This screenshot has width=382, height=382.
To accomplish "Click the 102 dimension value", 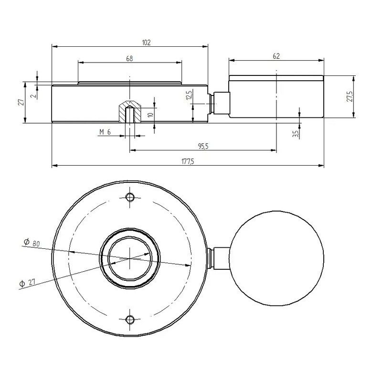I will pos(146,42).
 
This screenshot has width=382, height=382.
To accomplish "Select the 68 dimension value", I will pos(129,58).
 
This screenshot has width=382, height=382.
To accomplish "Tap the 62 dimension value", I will pos(276,56).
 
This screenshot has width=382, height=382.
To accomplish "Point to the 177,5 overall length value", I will pos(187,162).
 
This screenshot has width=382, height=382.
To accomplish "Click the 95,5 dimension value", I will pos(202,147).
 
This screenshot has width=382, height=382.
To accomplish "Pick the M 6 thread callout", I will pos(105,132).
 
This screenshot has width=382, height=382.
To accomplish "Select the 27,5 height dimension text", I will pos(350,96).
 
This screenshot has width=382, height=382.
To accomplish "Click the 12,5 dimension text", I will pos(189,95).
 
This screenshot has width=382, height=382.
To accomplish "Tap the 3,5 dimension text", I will pos(296,134).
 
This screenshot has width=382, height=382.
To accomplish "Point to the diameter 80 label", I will pos(32,244).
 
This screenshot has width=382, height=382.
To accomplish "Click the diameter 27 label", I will pos(28,283).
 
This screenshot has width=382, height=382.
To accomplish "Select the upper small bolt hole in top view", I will pos(129,197).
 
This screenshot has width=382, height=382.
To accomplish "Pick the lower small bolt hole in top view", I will pos(129,319).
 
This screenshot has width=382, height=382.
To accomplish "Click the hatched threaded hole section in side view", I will pos(129,110).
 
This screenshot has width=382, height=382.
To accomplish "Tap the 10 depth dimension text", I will pos(151,115).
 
